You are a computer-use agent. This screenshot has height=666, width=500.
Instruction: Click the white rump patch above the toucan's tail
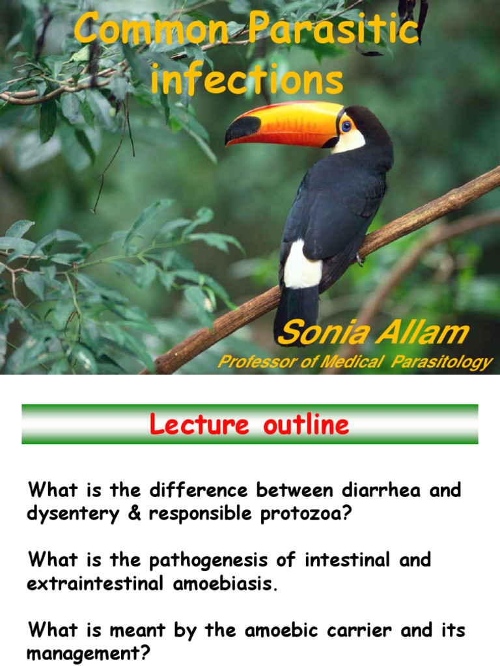(x=302, y=264)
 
